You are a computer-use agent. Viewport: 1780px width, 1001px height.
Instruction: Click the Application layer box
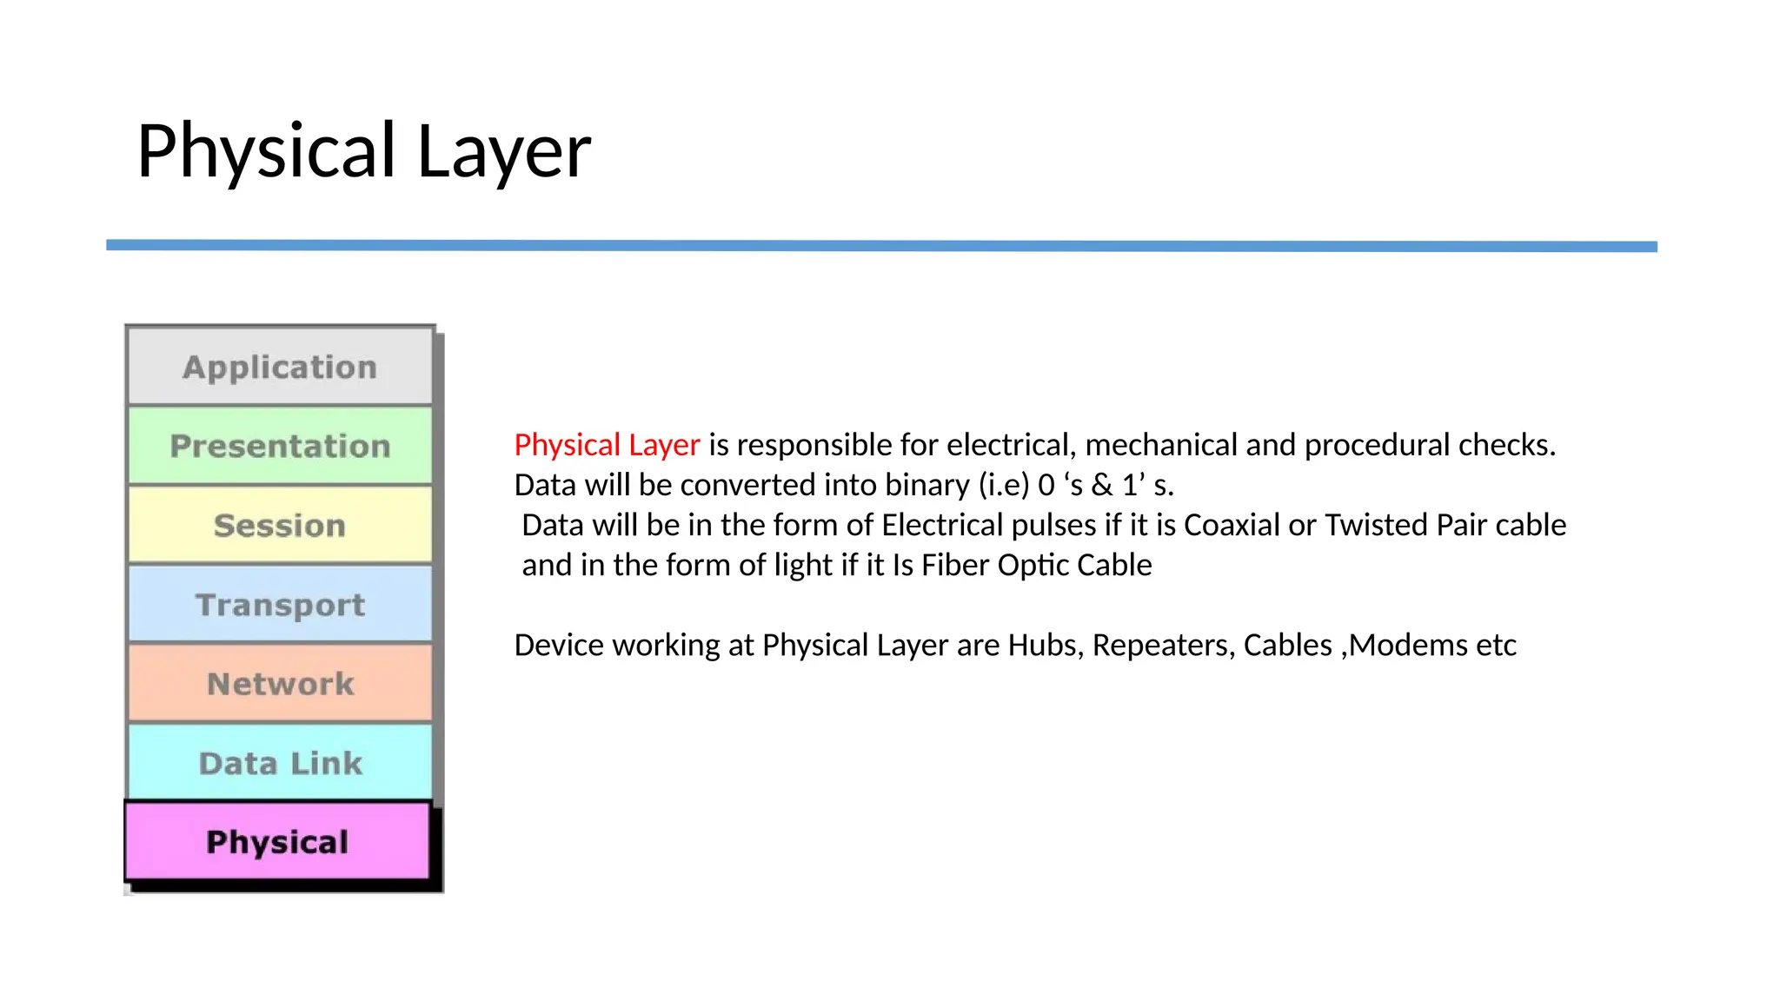click(280, 367)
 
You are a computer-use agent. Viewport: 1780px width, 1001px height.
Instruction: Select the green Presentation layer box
click(280, 446)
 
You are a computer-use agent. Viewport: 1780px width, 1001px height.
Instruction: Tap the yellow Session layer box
click(280, 525)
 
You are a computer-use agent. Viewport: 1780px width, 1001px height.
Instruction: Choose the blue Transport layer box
click(280, 604)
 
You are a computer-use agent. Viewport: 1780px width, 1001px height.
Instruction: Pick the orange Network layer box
click(280, 684)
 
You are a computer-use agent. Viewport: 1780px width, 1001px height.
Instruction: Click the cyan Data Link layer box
click(280, 763)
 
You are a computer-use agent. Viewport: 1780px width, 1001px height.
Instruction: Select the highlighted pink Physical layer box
click(277, 841)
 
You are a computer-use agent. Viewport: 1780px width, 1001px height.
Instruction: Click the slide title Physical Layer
click(363, 151)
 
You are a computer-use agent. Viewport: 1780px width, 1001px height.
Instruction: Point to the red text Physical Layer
click(607, 445)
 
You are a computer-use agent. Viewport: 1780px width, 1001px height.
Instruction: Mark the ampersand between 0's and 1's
click(1102, 485)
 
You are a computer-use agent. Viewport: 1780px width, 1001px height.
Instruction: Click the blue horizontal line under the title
click(881, 246)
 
